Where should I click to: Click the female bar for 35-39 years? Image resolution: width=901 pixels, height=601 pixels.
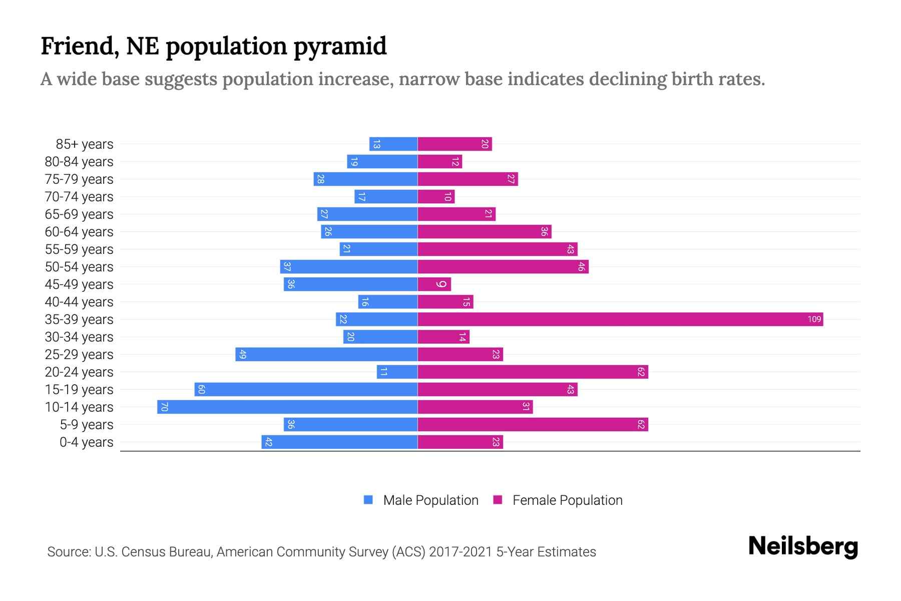(x=620, y=320)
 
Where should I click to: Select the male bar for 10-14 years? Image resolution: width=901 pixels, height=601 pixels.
(x=287, y=407)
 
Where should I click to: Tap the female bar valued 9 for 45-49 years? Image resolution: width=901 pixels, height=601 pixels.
(x=434, y=284)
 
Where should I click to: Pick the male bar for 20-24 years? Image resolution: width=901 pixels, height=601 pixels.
(x=397, y=372)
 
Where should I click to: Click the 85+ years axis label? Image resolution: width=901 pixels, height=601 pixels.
(x=84, y=144)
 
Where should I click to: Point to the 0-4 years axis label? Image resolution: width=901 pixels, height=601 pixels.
(x=86, y=442)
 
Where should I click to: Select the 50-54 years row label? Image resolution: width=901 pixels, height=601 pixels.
(x=79, y=267)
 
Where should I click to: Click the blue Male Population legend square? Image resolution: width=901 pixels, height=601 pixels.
(x=368, y=500)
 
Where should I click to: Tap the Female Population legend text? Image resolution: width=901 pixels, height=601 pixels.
(x=567, y=500)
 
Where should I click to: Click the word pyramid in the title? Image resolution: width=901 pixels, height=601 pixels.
(x=340, y=46)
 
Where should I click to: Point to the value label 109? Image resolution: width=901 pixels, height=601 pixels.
(x=814, y=320)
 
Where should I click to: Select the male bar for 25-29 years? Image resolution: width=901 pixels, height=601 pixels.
(x=326, y=355)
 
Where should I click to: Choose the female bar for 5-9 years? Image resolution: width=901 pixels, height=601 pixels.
(x=533, y=425)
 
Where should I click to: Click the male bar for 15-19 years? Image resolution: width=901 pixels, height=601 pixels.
(x=306, y=390)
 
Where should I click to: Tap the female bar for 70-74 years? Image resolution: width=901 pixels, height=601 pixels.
(x=436, y=197)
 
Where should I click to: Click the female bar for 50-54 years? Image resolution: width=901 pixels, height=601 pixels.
(x=503, y=267)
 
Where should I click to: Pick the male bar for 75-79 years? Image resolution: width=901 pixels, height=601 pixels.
(x=365, y=179)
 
